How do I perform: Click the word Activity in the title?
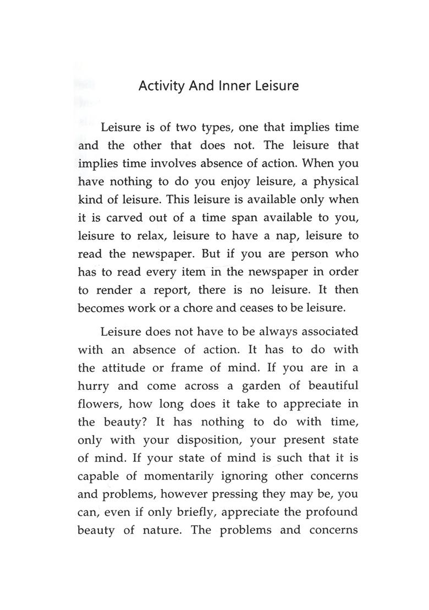(x=160, y=86)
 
